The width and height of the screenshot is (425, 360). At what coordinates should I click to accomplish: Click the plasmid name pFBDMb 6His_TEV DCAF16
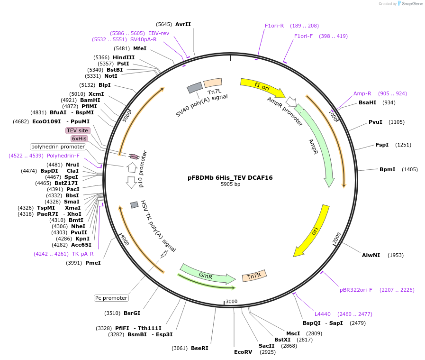tap(230, 178)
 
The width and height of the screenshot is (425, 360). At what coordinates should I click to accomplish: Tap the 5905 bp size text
tap(230, 184)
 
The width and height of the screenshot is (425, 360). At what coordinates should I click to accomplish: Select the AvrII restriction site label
tap(183, 24)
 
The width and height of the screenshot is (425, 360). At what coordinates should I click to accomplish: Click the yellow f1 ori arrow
tap(262, 87)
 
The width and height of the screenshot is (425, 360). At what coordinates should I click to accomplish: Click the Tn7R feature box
tap(254, 276)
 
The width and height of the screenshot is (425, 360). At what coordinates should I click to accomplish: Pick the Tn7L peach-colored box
tap(213, 83)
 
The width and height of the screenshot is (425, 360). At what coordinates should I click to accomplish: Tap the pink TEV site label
tap(78, 130)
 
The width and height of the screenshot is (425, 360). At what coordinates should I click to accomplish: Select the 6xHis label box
tap(79, 138)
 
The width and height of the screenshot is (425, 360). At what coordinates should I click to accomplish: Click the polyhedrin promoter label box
tap(58, 147)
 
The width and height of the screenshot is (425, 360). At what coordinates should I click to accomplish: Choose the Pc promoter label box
tap(111, 298)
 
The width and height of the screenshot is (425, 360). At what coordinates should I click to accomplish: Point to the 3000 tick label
tap(232, 301)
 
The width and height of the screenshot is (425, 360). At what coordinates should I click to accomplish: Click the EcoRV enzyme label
tap(243, 352)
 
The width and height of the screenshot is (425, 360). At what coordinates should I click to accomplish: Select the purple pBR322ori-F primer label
tap(356, 290)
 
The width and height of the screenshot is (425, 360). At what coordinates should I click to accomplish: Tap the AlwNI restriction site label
tap(371, 255)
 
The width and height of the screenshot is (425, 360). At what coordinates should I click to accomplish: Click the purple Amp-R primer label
tap(362, 93)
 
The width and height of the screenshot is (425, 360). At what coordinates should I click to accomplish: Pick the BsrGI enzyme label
tap(132, 313)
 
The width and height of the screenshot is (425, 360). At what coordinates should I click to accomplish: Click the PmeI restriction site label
tap(93, 263)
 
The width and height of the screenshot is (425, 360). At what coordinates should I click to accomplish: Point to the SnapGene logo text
tap(412, 3)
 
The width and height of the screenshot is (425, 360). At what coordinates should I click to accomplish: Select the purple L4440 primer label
tap(323, 314)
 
